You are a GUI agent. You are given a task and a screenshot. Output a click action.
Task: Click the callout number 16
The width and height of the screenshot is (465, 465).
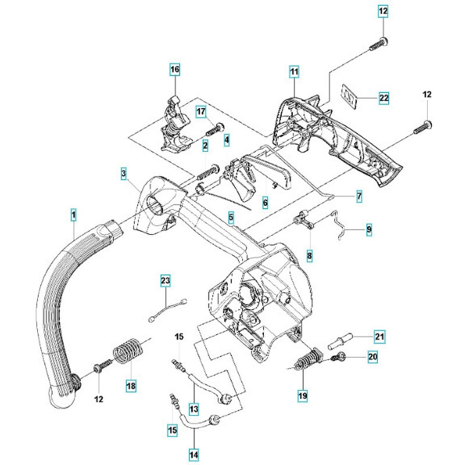(175, 70)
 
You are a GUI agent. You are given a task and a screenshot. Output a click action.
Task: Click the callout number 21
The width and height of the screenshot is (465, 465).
(380, 336)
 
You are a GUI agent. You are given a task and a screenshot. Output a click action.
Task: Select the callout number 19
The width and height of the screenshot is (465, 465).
(303, 396)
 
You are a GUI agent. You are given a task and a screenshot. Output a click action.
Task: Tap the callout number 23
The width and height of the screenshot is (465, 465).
(166, 281)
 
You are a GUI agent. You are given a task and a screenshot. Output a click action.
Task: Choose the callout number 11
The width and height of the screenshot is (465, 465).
(294, 72)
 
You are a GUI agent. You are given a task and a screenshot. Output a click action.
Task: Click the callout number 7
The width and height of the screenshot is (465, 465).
(359, 196)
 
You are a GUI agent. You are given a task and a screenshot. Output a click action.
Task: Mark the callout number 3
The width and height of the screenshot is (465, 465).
(124, 173)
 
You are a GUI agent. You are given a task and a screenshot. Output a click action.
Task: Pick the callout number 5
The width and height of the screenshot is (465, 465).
(231, 219)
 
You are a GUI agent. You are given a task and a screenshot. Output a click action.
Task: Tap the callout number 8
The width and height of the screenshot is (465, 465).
(309, 254)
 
